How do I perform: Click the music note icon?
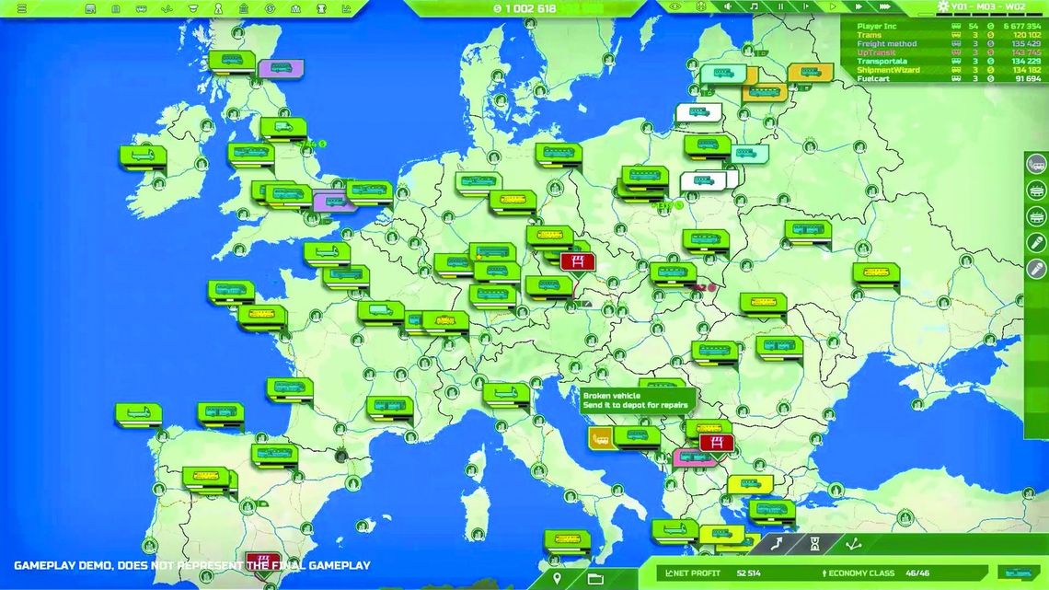[754, 6]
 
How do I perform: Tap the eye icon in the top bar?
[676, 6]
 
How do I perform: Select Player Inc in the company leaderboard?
[876, 27]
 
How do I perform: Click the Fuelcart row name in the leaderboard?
[873, 79]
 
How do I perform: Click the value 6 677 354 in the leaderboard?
[1022, 27]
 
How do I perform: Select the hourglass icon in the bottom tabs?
[814, 545]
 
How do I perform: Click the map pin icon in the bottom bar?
[557, 578]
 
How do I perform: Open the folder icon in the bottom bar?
[595, 578]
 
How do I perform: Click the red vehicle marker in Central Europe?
[577, 261]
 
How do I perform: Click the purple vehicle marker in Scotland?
[281, 67]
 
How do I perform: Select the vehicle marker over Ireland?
[142, 156]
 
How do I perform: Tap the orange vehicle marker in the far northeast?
[810, 72]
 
